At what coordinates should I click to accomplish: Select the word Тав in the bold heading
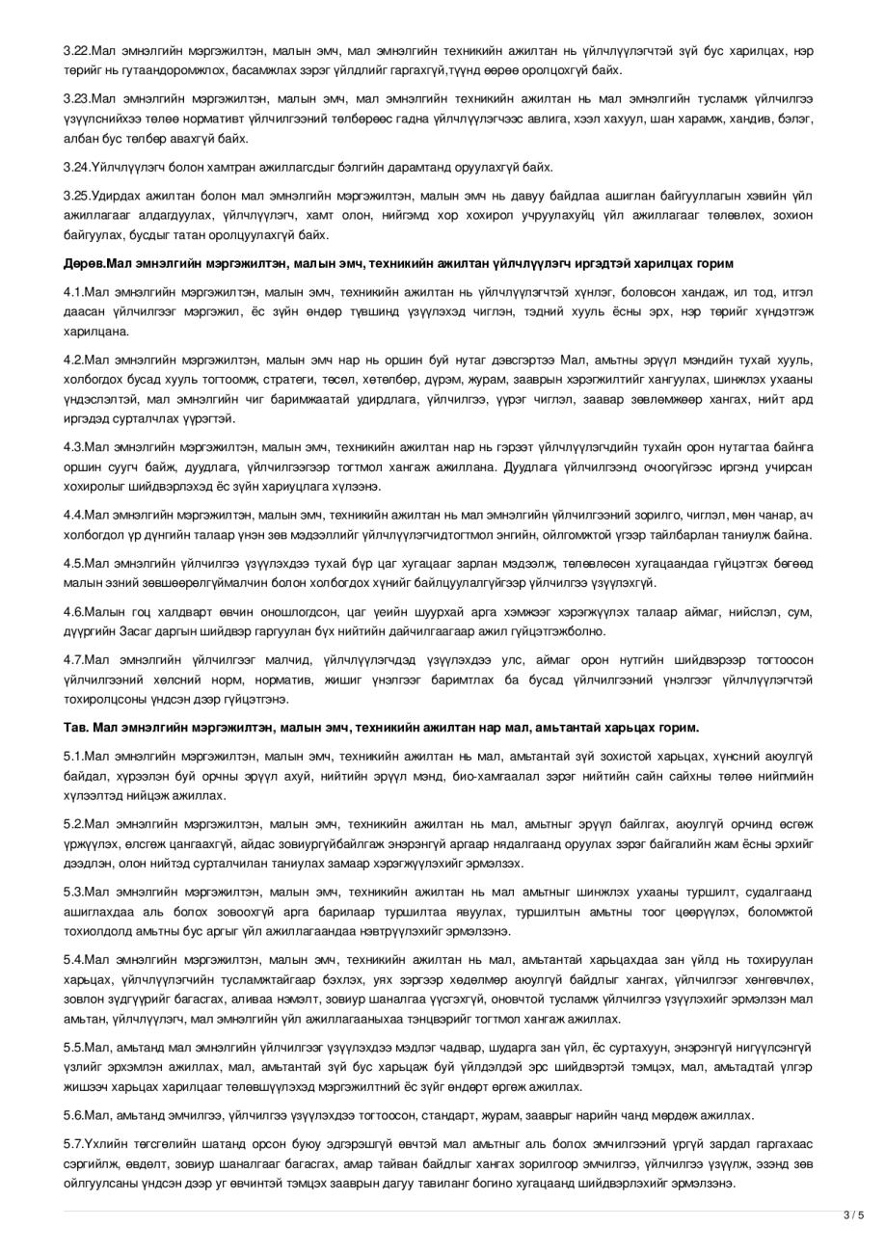coord(75,728)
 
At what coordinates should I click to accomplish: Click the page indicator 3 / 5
coord(854,1215)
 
